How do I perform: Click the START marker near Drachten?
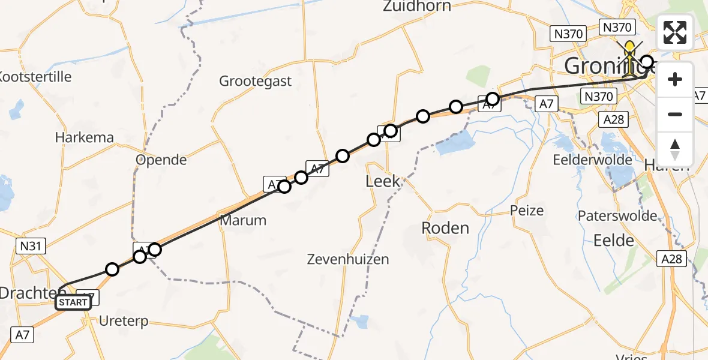(x=73, y=302)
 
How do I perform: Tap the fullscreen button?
(x=675, y=32)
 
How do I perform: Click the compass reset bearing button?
(x=675, y=149)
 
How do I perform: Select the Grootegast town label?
(x=255, y=81)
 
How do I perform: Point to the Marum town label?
(x=243, y=220)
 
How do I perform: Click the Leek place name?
(x=383, y=181)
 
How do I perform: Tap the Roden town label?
(x=445, y=228)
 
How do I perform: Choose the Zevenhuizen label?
(x=347, y=259)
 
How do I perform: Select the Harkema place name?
(x=84, y=137)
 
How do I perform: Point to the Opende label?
(x=161, y=160)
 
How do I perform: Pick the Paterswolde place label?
(x=617, y=216)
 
